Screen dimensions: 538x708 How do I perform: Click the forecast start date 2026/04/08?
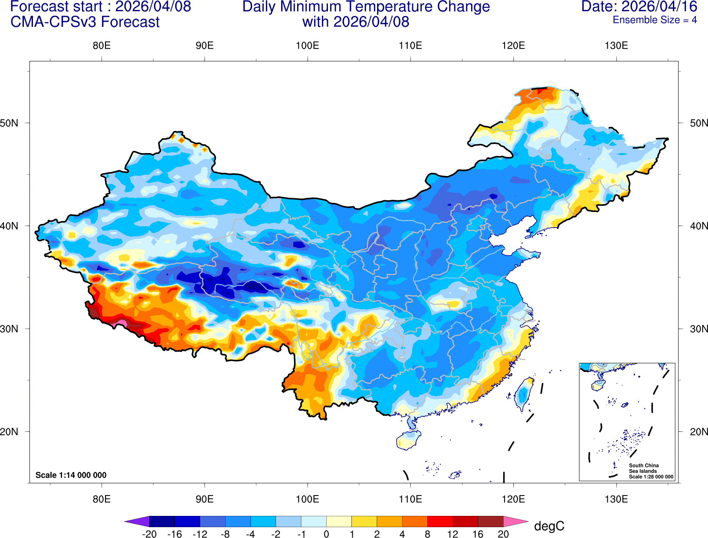tap(153, 7)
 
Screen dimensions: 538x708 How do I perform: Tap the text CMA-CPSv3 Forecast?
tap(85, 22)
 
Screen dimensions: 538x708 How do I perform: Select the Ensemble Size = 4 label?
tap(655, 20)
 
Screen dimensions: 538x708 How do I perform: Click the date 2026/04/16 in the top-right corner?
tap(659, 7)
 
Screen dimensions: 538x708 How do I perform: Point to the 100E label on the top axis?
tap(308, 46)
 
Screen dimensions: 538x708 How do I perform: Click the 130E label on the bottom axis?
tap(616, 499)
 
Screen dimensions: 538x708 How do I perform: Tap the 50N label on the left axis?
tap(10, 123)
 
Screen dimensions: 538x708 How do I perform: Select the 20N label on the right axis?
tap(698, 432)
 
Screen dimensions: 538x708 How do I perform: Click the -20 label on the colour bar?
tap(149, 534)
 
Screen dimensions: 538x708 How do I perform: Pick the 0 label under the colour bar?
tap(326, 534)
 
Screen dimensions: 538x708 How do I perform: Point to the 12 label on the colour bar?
tap(452, 534)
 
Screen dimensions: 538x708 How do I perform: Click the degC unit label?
tap(549, 526)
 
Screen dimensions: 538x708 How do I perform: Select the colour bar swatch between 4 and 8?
tap(415, 522)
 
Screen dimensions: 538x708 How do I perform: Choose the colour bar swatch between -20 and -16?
tap(162, 522)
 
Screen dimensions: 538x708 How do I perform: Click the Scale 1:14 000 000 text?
tap(71, 475)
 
